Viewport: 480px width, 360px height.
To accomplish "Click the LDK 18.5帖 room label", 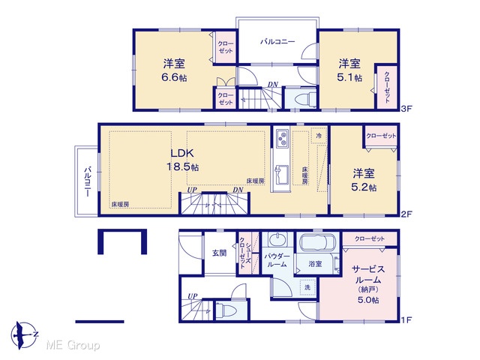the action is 183,160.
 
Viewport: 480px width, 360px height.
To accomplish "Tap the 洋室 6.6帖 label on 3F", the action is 174,70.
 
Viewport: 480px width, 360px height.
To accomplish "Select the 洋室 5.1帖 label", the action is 349,70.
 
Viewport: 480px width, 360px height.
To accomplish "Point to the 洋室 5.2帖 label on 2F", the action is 364,180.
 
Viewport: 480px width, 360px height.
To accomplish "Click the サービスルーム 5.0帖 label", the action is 368,284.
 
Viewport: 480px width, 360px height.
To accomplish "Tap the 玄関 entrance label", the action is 220,253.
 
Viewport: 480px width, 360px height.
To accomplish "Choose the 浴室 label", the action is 315,263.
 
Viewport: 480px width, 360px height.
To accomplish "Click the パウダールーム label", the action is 277,260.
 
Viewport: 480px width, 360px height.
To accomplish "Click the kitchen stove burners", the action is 282,138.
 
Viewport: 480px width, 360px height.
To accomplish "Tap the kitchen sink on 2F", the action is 282,175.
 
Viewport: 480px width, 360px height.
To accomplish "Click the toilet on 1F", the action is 226,310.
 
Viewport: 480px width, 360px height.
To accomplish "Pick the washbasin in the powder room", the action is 277,239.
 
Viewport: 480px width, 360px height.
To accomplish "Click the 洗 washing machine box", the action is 307,287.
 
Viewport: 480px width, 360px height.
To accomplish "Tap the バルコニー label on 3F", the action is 277,41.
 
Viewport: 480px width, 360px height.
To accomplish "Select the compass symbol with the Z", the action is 25,334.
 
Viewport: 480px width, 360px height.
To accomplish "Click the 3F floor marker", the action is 406,108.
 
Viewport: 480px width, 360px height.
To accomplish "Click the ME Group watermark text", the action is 73,345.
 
